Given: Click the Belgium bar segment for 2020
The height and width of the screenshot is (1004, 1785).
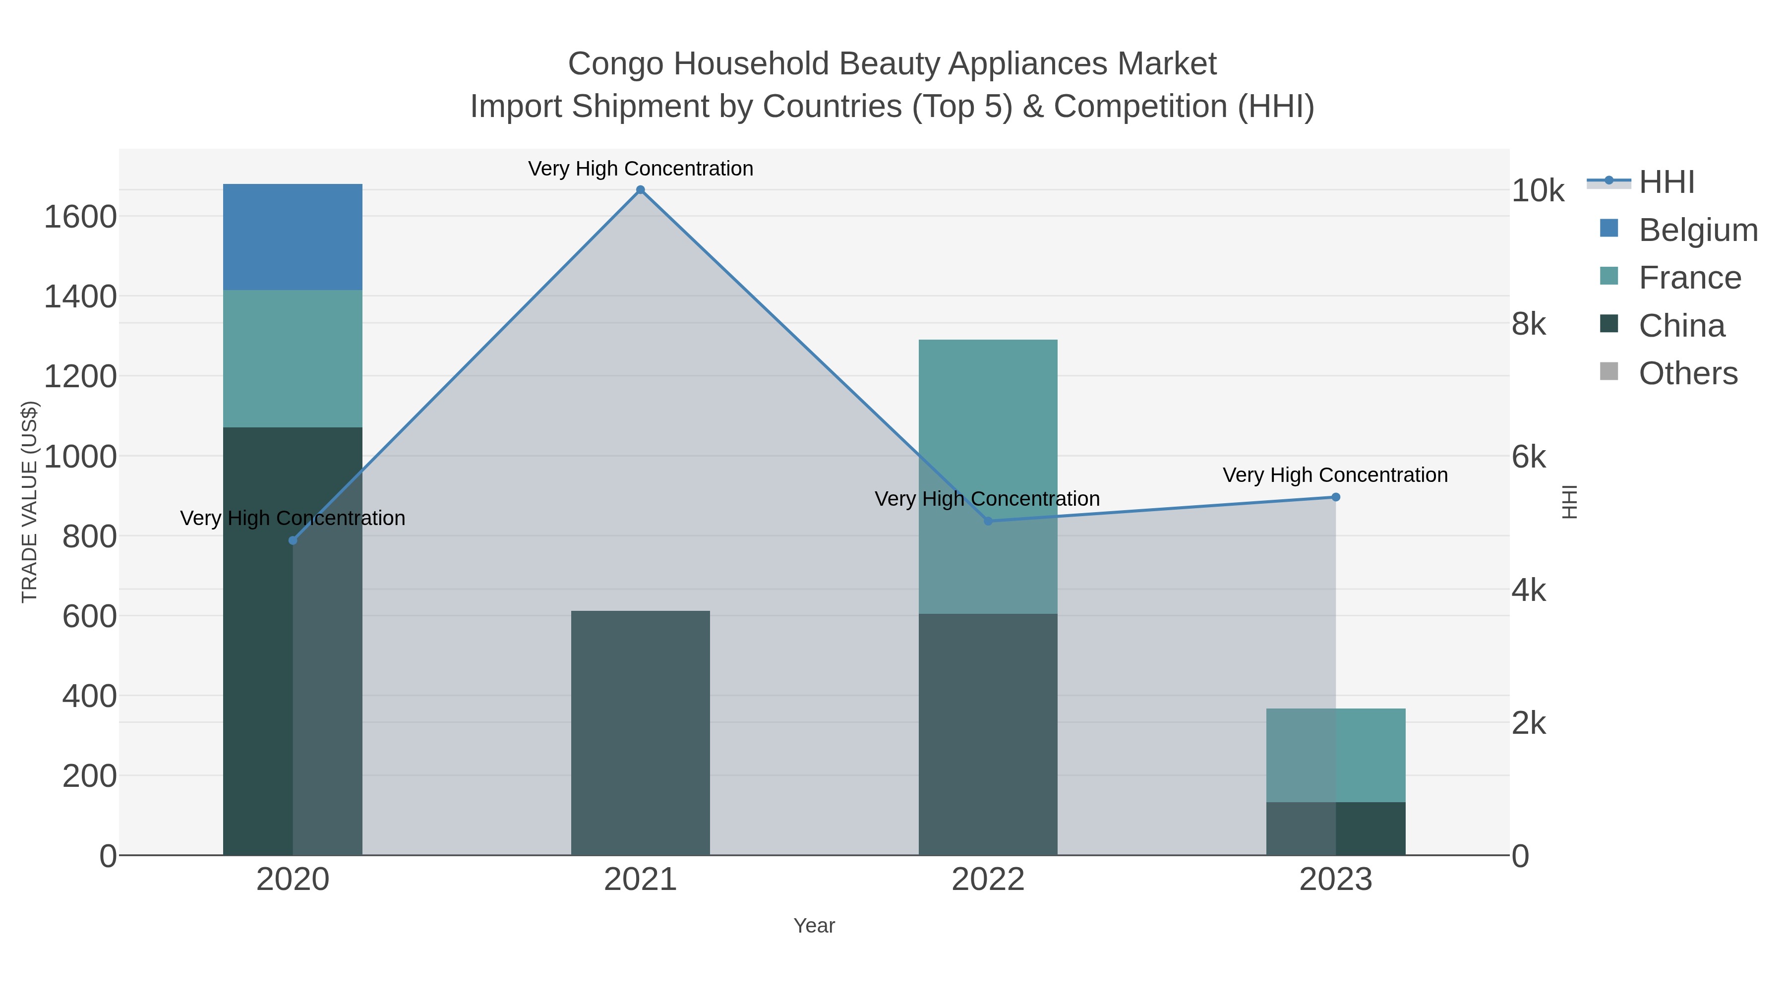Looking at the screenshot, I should pos(293,237).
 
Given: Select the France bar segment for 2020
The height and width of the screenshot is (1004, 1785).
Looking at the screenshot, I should pos(293,358).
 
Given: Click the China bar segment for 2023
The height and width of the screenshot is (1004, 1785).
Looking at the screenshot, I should pos(1336,828).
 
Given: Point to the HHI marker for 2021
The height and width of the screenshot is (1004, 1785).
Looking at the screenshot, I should pos(640,190).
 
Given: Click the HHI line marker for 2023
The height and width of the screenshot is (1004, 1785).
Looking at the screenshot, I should pos(1336,497).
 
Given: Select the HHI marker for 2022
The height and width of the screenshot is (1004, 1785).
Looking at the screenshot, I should pos(988,521).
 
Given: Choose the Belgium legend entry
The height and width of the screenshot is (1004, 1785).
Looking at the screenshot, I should pos(1697,230).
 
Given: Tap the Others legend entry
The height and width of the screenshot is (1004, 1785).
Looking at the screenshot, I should pos(1687,373).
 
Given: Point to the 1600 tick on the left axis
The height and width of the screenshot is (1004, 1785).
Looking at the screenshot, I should pos(80,217).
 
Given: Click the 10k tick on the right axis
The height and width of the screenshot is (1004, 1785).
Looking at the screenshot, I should pos(1537,191).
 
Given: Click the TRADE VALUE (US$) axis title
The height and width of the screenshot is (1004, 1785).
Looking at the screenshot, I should pos(29,502).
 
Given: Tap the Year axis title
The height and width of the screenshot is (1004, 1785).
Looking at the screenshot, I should pos(814,926).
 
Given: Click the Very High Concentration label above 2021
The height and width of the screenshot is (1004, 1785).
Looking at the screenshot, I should pos(640,169).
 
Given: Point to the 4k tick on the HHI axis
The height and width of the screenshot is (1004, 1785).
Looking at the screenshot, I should pos(1529,591).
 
